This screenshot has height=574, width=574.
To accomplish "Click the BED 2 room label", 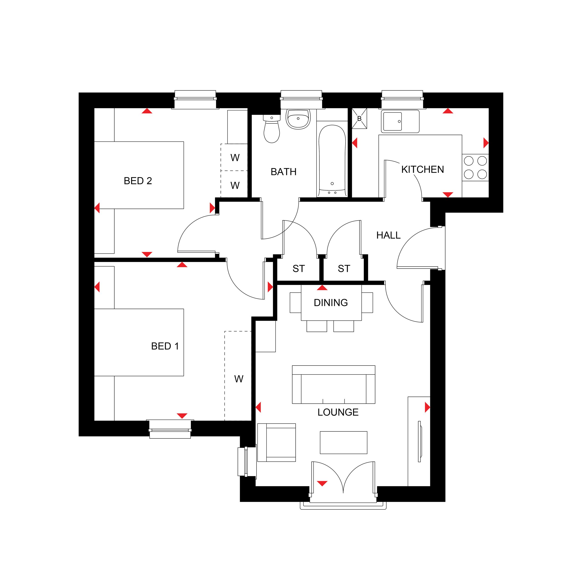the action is point(138,181).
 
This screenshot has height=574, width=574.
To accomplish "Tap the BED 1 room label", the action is point(165,346).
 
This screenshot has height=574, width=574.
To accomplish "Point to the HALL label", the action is point(388,235).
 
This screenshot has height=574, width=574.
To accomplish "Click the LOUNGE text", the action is point(338,412).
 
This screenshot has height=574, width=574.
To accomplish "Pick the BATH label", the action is point(283,172).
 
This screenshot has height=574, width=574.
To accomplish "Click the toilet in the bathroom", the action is point(272,129).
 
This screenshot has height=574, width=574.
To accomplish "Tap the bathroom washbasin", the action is point(298,119).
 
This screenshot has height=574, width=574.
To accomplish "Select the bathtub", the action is point(332,160).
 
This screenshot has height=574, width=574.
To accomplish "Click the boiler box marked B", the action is point(359,118).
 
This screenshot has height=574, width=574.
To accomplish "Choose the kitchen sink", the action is point(400,121).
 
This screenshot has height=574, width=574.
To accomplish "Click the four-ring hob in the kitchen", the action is point(475,168).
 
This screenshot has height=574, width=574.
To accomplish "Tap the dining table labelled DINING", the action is point(331,303).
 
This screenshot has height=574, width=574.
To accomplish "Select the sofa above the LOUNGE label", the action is point(334,384).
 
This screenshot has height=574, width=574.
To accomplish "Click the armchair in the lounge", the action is point(277,442).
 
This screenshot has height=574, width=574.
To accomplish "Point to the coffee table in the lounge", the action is point(343,442).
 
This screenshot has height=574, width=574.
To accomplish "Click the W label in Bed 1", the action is point(238,379).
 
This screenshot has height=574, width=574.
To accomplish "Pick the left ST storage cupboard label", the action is point(299,269).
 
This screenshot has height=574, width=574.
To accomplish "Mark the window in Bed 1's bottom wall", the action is point(170,429).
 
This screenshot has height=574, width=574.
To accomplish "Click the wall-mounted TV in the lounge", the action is point(420,441).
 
